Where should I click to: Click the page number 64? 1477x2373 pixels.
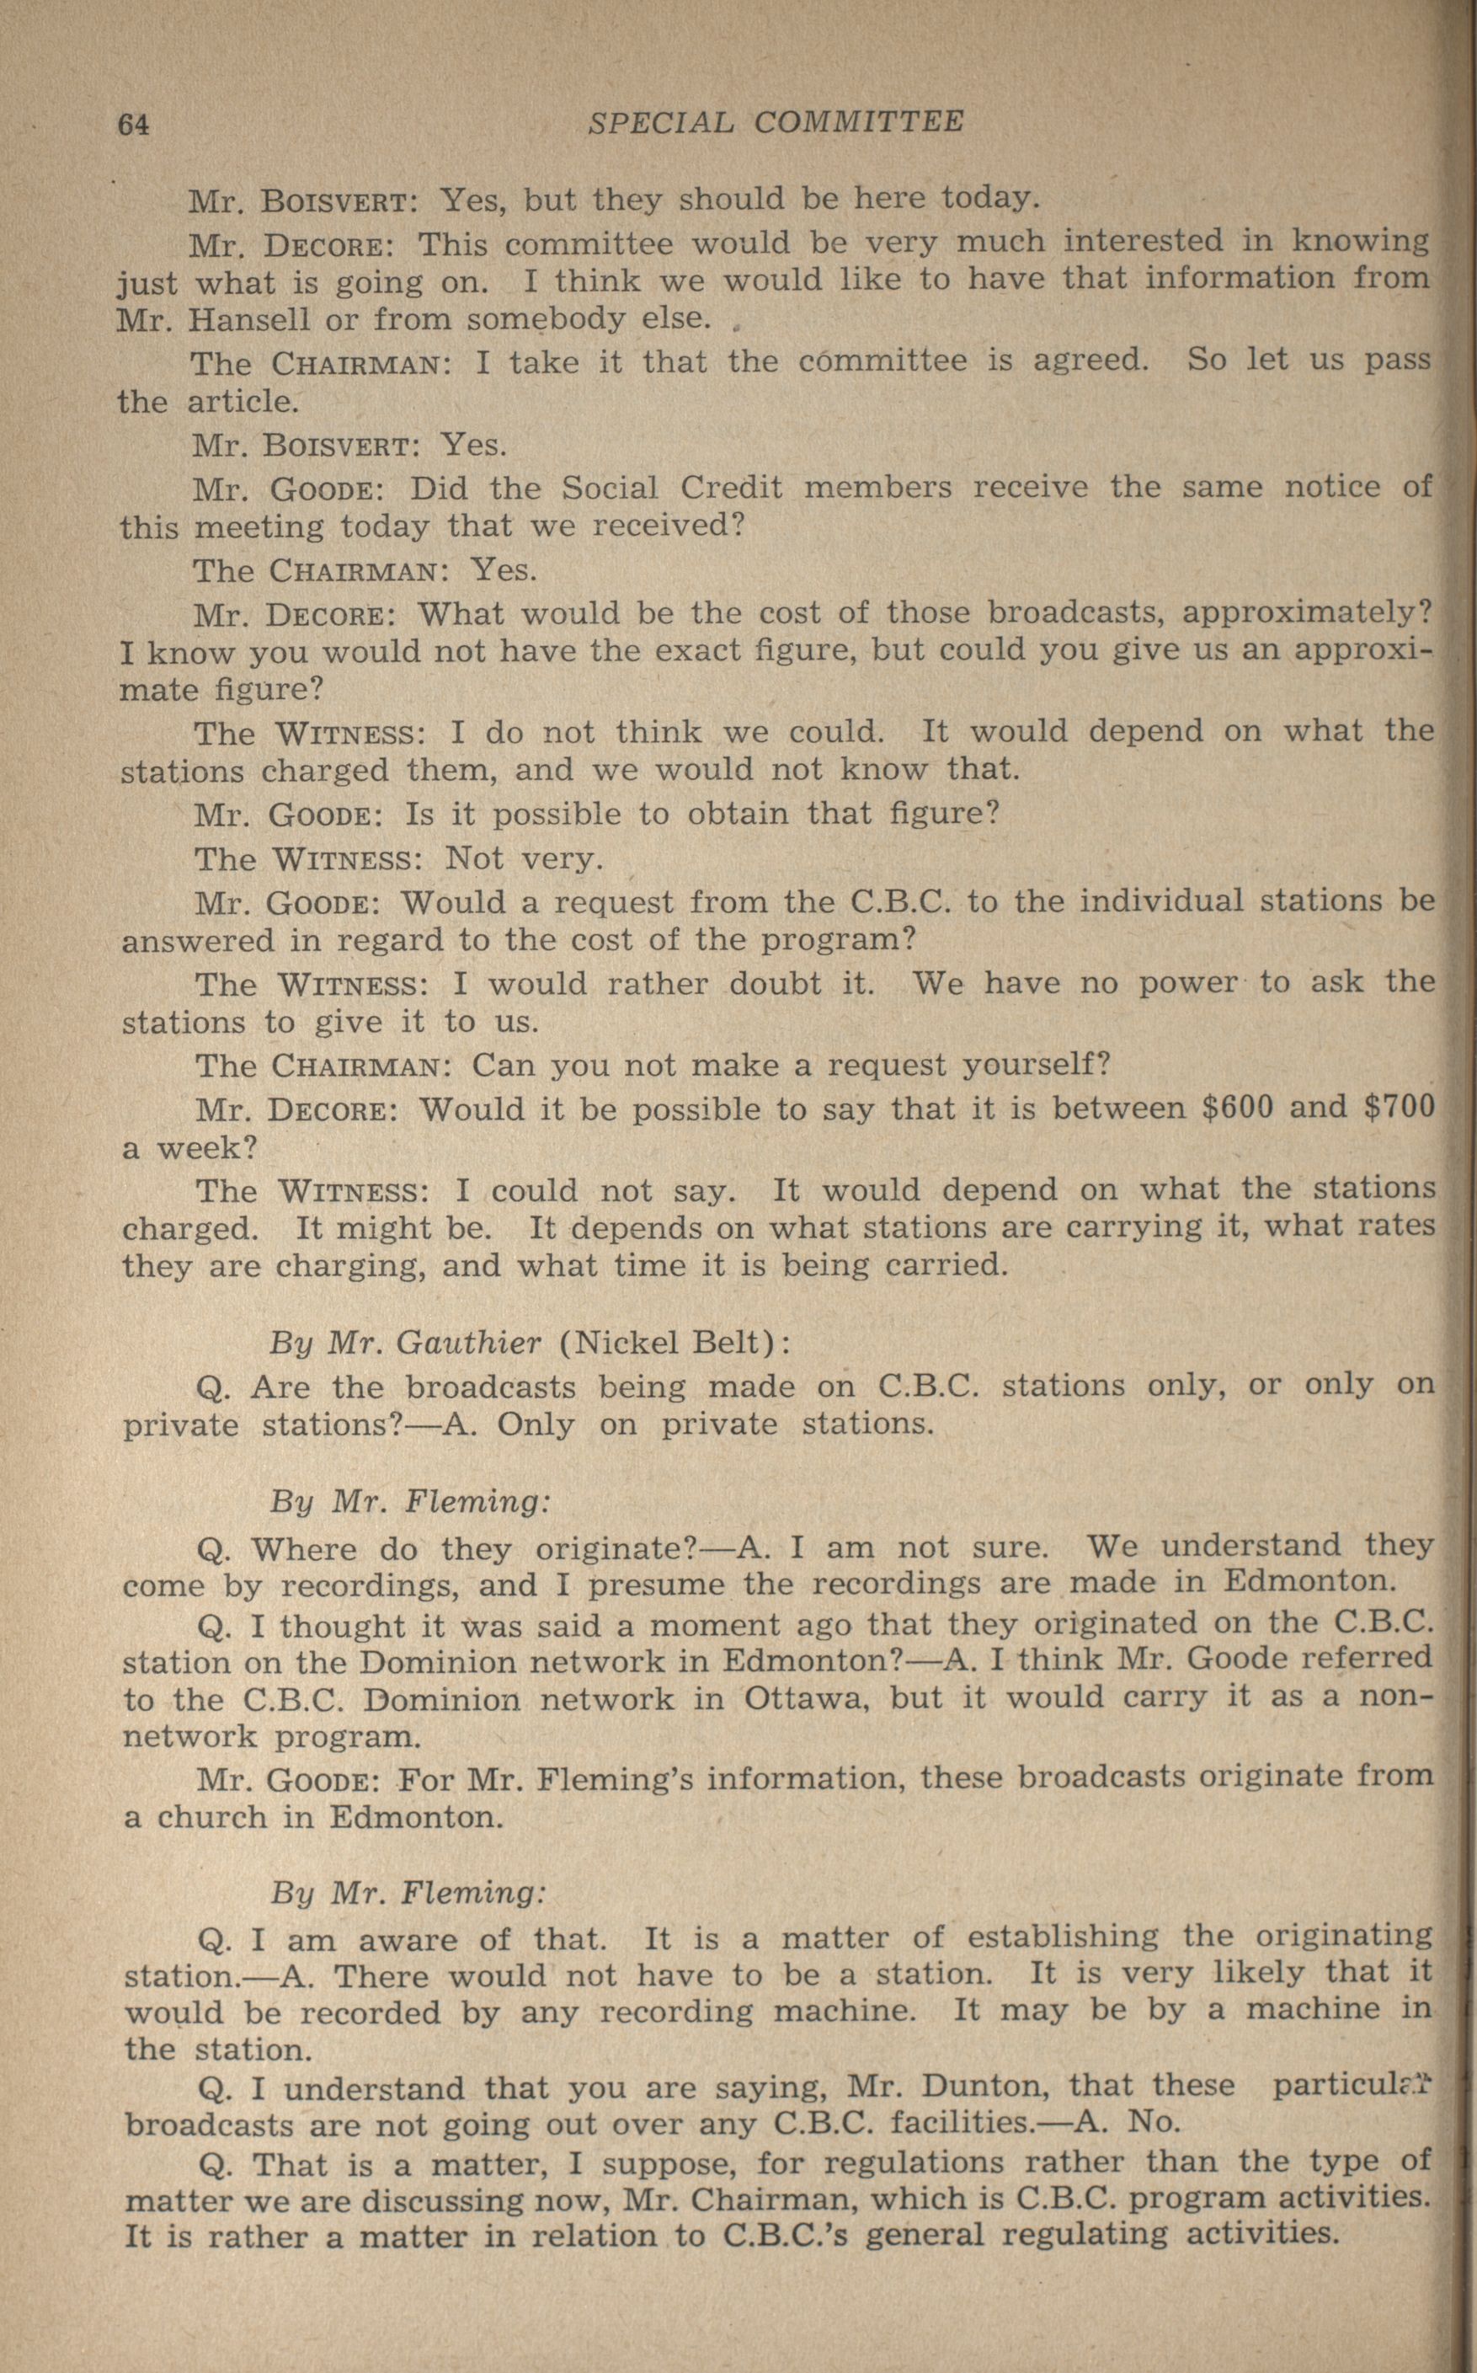(x=134, y=125)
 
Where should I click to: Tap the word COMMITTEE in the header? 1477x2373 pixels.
(x=859, y=121)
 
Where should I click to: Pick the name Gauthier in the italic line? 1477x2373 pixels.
(x=469, y=1344)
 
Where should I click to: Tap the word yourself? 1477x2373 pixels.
(x=1037, y=1064)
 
